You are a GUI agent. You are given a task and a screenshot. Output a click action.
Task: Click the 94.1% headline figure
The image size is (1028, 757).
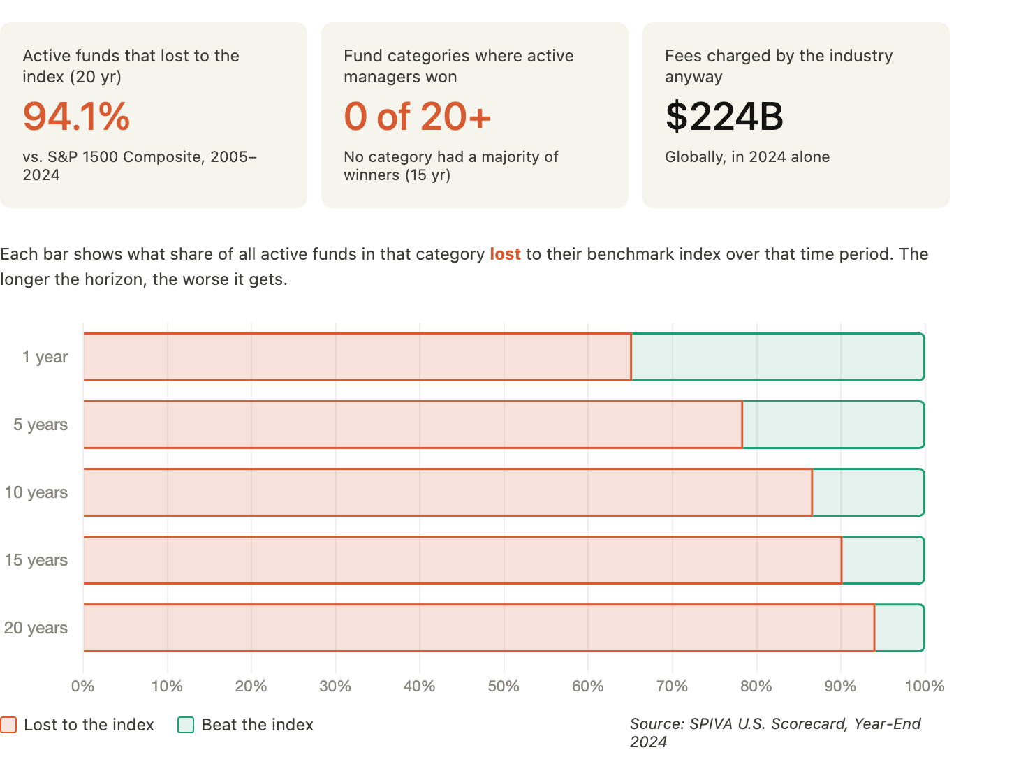pyautogui.click(x=76, y=117)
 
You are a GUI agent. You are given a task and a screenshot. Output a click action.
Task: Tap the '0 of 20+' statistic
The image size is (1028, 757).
pyautogui.click(x=417, y=117)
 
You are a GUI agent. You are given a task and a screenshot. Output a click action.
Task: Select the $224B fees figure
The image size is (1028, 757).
pyautogui.click(x=724, y=117)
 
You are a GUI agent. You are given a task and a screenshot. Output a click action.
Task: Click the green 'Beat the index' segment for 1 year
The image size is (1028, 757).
pyautogui.click(x=778, y=357)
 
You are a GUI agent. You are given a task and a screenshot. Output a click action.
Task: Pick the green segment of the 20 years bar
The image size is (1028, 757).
pyautogui.click(x=900, y=628)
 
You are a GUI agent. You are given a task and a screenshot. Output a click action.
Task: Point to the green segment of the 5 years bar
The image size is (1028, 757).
pyautogui.click(x=833, y=425)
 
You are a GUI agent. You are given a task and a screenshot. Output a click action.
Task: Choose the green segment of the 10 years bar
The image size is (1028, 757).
pyautogui.click(x=868, y=492)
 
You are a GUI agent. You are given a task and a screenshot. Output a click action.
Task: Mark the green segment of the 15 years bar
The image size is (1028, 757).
pyautogui.click(x=883, y=560)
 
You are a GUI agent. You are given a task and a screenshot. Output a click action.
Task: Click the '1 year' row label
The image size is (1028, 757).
pyautogui.click(x=45, y=357)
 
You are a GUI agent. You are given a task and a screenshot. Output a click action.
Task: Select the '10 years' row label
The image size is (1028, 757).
pyautogui.click(x=36, y=492)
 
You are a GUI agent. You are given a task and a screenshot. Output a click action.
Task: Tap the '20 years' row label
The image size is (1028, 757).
pyautogui.click(x=36, y=628)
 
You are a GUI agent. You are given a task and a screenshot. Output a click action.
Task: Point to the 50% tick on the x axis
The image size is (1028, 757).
pyautogui.click(x=504, y=686)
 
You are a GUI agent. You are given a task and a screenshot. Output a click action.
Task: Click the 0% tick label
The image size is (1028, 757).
pyautogui.click(x=82, y=686)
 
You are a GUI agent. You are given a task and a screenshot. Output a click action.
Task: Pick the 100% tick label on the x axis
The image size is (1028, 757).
pyautogui.click(x=924, y=686)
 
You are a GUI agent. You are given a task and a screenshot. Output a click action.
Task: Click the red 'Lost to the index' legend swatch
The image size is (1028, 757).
pyautogui.click(x=8, y=725)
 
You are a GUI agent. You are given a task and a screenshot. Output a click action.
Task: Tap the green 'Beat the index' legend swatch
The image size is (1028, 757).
pyautogui.click(x=186, y=725)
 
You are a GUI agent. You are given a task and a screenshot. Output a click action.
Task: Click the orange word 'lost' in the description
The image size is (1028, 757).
pyautogui.click(x=506, y=254)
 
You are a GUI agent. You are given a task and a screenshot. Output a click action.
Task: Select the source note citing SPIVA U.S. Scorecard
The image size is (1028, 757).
pyautogui.click(x=775, y=733)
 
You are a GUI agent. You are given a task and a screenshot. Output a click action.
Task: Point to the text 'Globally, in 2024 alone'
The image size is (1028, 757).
pyautogui.click(x=747, y=157)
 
